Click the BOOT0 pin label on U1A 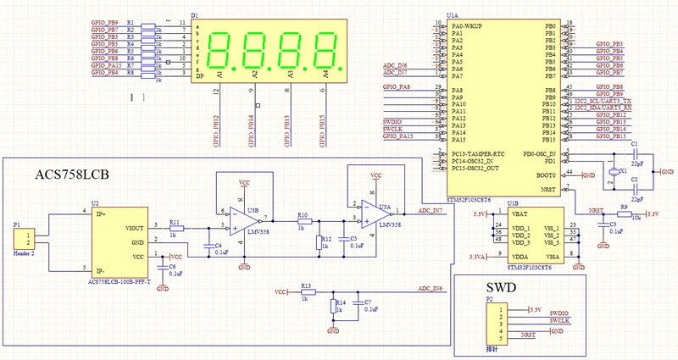(545, 175)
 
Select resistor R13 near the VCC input (307, 291)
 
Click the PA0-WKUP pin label (469, 26)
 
